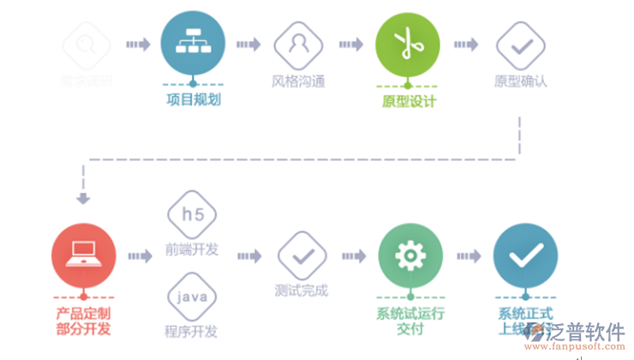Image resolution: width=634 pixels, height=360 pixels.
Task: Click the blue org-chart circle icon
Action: pyautogui.click(x=193, y=45)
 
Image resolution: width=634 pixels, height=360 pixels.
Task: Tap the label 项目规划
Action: pyautogui.click(x=193, y=99)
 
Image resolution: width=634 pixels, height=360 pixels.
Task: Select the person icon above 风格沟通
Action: pyautogui.click(x=297, y=45)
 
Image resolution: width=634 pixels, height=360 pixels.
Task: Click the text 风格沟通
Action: pyautogui.click(x=297, y=82)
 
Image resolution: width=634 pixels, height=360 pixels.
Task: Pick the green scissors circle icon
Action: pyautogui.click(x=408, y=45)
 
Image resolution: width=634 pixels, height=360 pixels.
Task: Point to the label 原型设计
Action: pyautogui.click(x=409, y=101)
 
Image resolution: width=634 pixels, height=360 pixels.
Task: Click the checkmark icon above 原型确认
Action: pyautogui.click(x=521, y=45)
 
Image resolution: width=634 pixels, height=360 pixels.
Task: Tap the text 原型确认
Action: pyautogui.click(x=521, y=82)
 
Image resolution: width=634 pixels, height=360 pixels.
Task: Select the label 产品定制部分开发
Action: pyautogui.click(x=83, y=321)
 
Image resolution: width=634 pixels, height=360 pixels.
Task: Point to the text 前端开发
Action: pyautogui.click(x=191, y=249)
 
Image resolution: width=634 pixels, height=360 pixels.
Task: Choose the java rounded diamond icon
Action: pyautogui.click(x=191, y=298)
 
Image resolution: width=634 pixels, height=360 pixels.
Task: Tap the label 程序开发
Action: pyautogui.click(x=191, y=331)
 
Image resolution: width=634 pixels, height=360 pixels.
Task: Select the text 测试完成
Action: pyautogui.click(x=302, y=291)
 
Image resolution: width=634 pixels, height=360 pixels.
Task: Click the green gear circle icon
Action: pyautogui.click(x=410, y=255)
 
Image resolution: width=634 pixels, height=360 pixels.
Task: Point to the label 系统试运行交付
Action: pyautogui.click(x=410, y=321)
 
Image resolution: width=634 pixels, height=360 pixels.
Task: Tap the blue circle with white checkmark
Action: pyautogui.click(x=525, y=255)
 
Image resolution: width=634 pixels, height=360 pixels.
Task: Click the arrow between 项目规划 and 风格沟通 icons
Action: pyautogui.click(x=248, y=45)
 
